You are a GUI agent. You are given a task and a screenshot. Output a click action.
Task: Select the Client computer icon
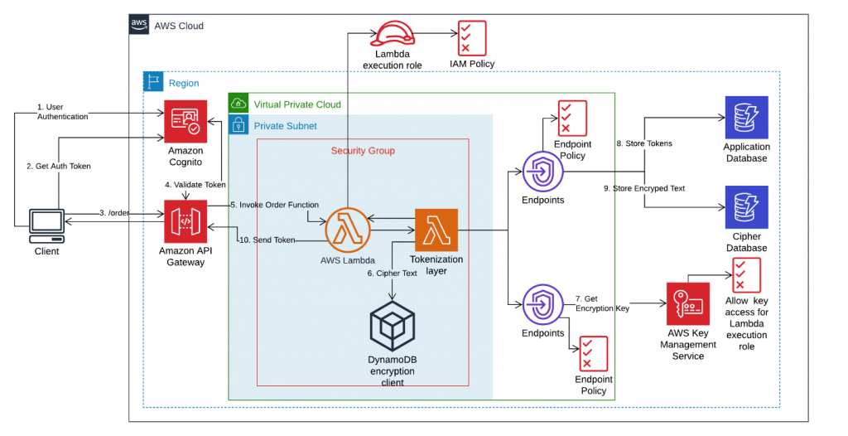click(x=47, y=224)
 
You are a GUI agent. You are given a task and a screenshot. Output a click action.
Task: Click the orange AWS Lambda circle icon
click(x=347, y=230)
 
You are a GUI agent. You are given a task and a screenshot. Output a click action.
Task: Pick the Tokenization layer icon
click(x=436, y=230)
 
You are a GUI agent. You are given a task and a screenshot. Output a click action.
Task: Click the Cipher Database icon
click(x=746, y=207)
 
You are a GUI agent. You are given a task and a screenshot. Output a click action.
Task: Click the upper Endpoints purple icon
click(x=542, y=172)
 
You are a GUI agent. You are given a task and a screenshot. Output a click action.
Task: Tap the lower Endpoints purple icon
click(x=542, y=304)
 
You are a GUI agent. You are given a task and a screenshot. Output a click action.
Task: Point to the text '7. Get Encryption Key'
click(x=602, y=303)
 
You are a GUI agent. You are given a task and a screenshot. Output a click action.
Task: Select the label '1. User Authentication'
click(x=62, y=112)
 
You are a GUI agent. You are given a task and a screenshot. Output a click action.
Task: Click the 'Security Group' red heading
click(x=363, y=150)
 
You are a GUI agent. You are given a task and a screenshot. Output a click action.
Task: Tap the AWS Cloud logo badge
click(x=139, y=25)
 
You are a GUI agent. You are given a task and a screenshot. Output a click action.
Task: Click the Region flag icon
click(x=154, y=82)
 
